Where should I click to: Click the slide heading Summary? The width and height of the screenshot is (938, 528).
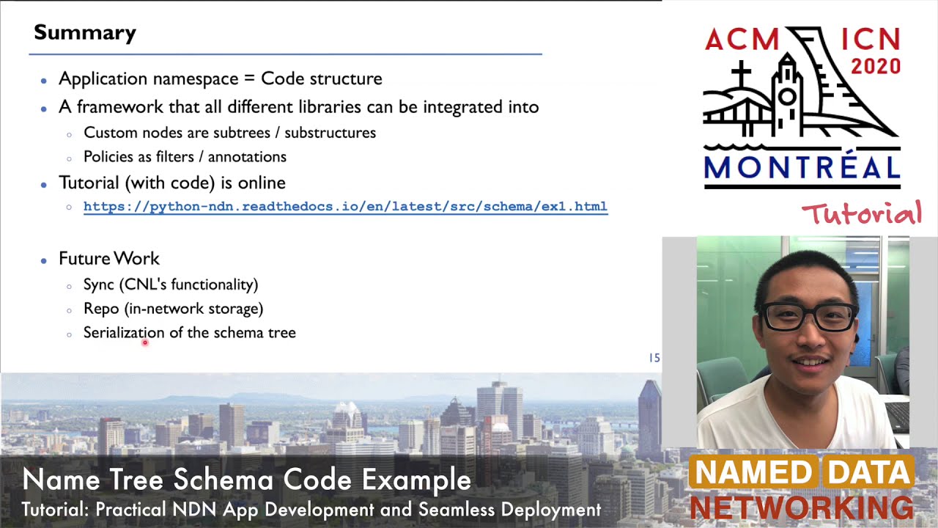point(85,33)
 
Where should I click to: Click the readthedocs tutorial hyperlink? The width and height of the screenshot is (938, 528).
point(345,207)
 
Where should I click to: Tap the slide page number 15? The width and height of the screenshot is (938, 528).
point(654,358)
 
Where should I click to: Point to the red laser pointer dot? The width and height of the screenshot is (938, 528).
point(145,342)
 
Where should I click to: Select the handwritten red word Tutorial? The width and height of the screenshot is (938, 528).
point(861,214)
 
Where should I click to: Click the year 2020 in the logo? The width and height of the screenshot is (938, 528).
point(875,67)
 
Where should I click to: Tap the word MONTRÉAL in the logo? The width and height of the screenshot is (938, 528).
point(802,167)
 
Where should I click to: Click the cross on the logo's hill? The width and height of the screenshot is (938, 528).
point(741,73)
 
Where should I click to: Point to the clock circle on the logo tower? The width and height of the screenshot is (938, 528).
point(788,97)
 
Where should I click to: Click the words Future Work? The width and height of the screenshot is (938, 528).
point(109,258)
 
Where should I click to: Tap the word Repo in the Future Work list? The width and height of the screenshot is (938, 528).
point(101,309)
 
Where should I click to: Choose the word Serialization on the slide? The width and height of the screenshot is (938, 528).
point(124,333)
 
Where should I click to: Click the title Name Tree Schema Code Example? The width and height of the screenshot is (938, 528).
point(246,480)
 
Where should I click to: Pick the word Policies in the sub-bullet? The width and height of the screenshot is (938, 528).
point(108,157)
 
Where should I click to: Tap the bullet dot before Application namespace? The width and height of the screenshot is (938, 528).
point(44,80)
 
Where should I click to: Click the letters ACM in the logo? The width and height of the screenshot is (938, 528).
point(742,40)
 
